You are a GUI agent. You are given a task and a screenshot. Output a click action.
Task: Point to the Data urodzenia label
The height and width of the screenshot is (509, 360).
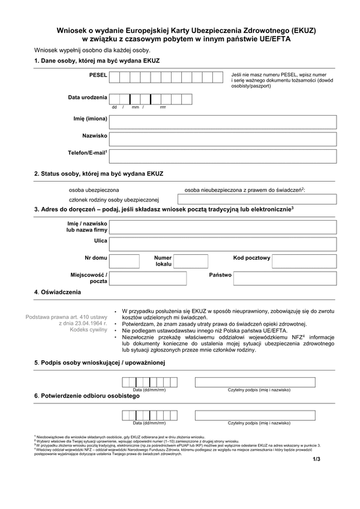coord(88,97)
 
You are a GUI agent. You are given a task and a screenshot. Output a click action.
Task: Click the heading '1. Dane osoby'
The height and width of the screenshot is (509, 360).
coord(97,61)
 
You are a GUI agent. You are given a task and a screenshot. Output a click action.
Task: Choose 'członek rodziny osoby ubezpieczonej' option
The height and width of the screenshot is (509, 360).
coord(113,200)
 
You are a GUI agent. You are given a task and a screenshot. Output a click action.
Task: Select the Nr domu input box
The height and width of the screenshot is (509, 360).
coord(125,261)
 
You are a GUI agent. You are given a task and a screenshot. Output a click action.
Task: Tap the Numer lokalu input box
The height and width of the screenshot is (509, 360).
coord(190,261)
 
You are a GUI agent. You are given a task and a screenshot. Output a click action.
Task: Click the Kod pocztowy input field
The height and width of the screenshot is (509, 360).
coord(304,261)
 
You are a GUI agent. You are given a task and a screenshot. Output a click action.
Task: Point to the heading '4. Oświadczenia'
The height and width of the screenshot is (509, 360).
coord(58,292)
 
